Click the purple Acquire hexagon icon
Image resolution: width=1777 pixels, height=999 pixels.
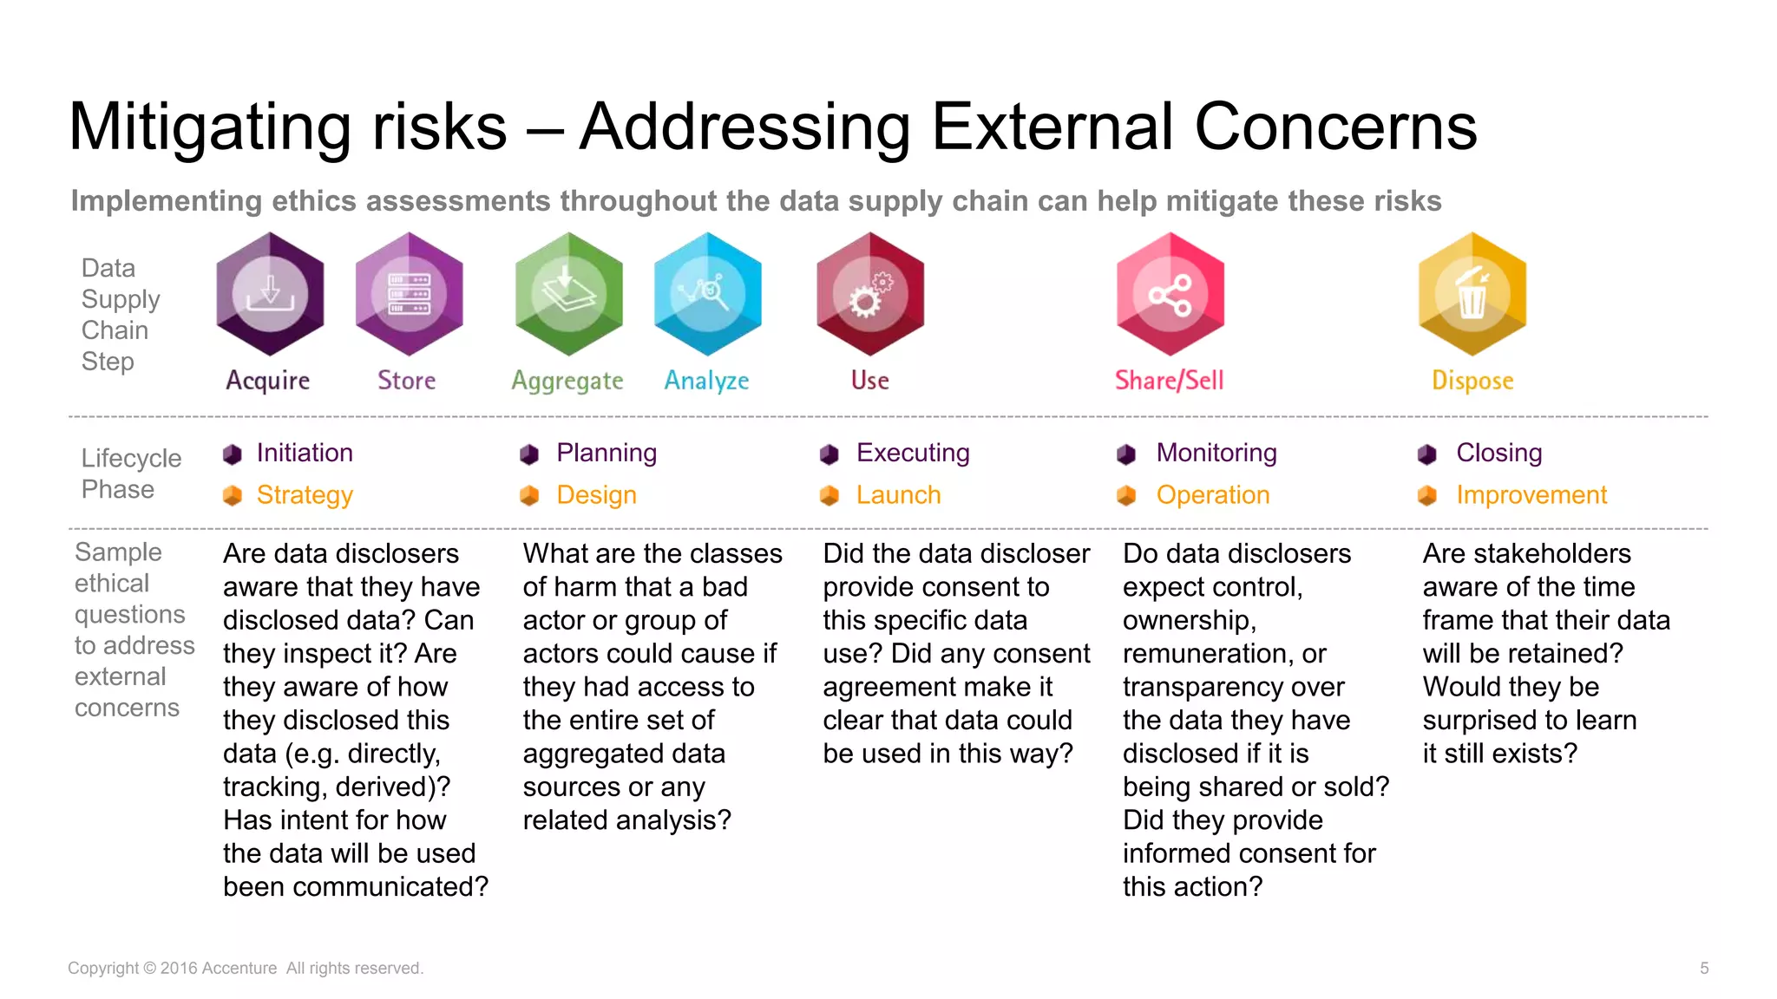pos(270,294)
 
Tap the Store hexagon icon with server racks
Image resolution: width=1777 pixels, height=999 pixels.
pos(409,294)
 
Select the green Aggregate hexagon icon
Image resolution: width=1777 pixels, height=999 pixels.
pos(568,294)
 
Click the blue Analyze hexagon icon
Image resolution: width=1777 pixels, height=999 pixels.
pos(707,294)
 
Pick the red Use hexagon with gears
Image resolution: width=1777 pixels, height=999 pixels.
pos(869,294)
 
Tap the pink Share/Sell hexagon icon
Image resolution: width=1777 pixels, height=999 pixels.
pos(1170,294)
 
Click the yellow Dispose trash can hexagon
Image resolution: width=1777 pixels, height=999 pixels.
pos(1472,294)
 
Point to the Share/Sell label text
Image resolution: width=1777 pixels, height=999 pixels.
pos(1169,381)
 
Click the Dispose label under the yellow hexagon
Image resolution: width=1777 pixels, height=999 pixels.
pos(1472,381)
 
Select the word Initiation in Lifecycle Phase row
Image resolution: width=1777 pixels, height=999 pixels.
pos(305,453)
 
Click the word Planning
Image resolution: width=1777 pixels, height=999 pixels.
pos(607,453)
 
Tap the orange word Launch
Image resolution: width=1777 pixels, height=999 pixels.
pos(898,495)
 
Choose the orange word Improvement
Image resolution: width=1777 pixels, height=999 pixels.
pos(1531,495)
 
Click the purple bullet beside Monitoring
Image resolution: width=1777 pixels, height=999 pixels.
pos(1126,454)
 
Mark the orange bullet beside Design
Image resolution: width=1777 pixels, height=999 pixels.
pos(529,496)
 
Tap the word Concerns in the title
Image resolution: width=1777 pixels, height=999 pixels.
pos(1335,127)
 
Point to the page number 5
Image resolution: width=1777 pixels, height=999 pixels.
pos(1704,968)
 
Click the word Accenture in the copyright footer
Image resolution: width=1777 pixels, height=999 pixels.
pos(239,968)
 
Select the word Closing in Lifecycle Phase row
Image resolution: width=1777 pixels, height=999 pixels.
pos(1498,453)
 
